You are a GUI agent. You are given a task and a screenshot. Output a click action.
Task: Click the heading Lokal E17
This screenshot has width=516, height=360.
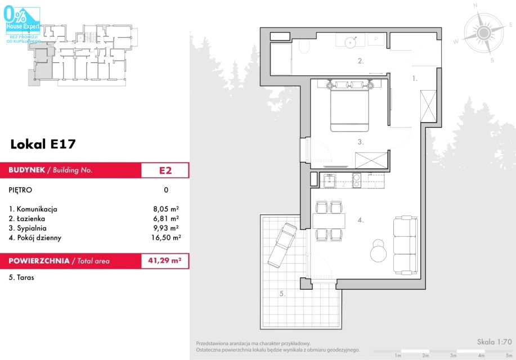coord(43,144)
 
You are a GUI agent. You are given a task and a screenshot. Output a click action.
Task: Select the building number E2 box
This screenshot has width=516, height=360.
coord(165,170)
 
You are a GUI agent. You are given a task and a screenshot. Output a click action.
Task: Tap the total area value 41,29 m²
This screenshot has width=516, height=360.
coord(164,260)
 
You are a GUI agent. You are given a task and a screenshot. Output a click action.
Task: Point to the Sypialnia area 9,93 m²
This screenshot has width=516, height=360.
coord(166,228)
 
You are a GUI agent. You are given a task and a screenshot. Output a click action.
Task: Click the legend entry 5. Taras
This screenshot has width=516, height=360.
coord(21,277)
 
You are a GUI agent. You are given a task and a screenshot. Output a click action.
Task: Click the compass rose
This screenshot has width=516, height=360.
coord(483,33)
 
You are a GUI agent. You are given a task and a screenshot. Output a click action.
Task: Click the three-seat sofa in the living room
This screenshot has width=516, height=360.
coord(405,245)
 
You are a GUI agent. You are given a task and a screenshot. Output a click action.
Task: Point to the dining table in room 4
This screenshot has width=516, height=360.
coord(329,221)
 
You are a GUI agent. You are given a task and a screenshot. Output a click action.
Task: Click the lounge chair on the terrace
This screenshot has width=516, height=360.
coord(282,245)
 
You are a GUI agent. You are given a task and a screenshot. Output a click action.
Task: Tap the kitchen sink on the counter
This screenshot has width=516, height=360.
coord(329,181)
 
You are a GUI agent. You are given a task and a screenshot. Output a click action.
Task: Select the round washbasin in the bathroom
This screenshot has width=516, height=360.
coord(350,42)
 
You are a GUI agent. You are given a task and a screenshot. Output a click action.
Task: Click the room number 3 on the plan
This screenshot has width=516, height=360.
coord(361,142)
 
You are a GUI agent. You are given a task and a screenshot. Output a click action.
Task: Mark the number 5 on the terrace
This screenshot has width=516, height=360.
coord(282,294)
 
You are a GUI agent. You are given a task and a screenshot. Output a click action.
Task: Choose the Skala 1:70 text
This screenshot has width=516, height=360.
coord(494,342)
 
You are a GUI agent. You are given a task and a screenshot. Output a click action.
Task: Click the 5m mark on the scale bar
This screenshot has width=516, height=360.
coord(509,355)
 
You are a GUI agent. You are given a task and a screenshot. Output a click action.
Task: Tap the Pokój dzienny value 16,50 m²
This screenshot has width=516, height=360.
coord(166,237)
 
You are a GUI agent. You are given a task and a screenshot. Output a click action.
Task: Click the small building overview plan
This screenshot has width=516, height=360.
coord(82,55)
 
